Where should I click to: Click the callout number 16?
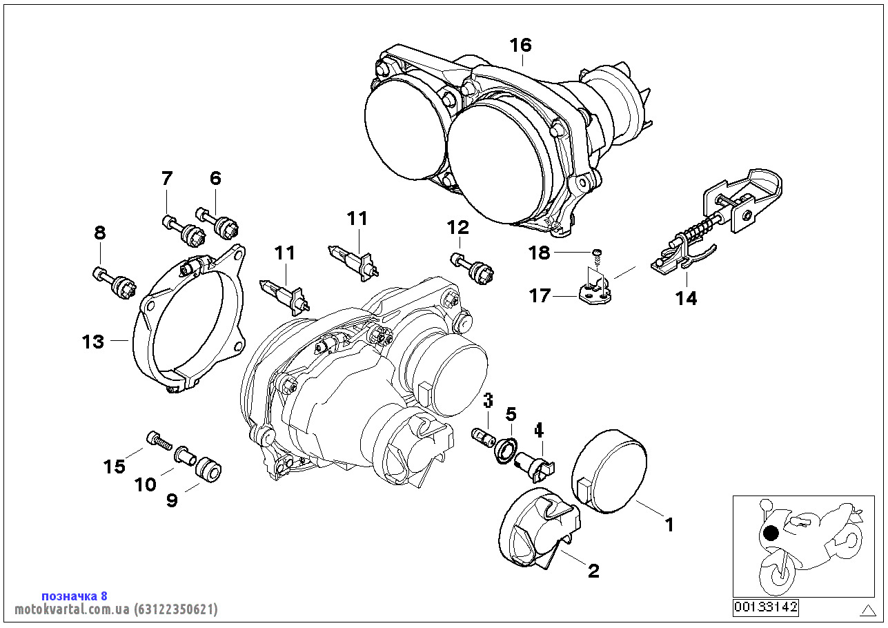pyautogui.click(x=521, y=46)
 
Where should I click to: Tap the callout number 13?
pyautogui.click(x=92, y=342)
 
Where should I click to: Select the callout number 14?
pyautogui.click(x=686, y=299)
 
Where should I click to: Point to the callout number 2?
pyautogui.click(x=593, y=571)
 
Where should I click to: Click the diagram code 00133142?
pyautogui.click(x=765, y=607)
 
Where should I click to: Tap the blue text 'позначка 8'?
pyautogui.click(x=75, y=596)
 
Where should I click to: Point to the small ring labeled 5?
pyautogui.click(x=507, y=448)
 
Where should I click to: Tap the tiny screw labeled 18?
pyautogui.click(x=598, y=255)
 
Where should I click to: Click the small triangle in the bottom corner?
pyautogui.click(x=868, y=609)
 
